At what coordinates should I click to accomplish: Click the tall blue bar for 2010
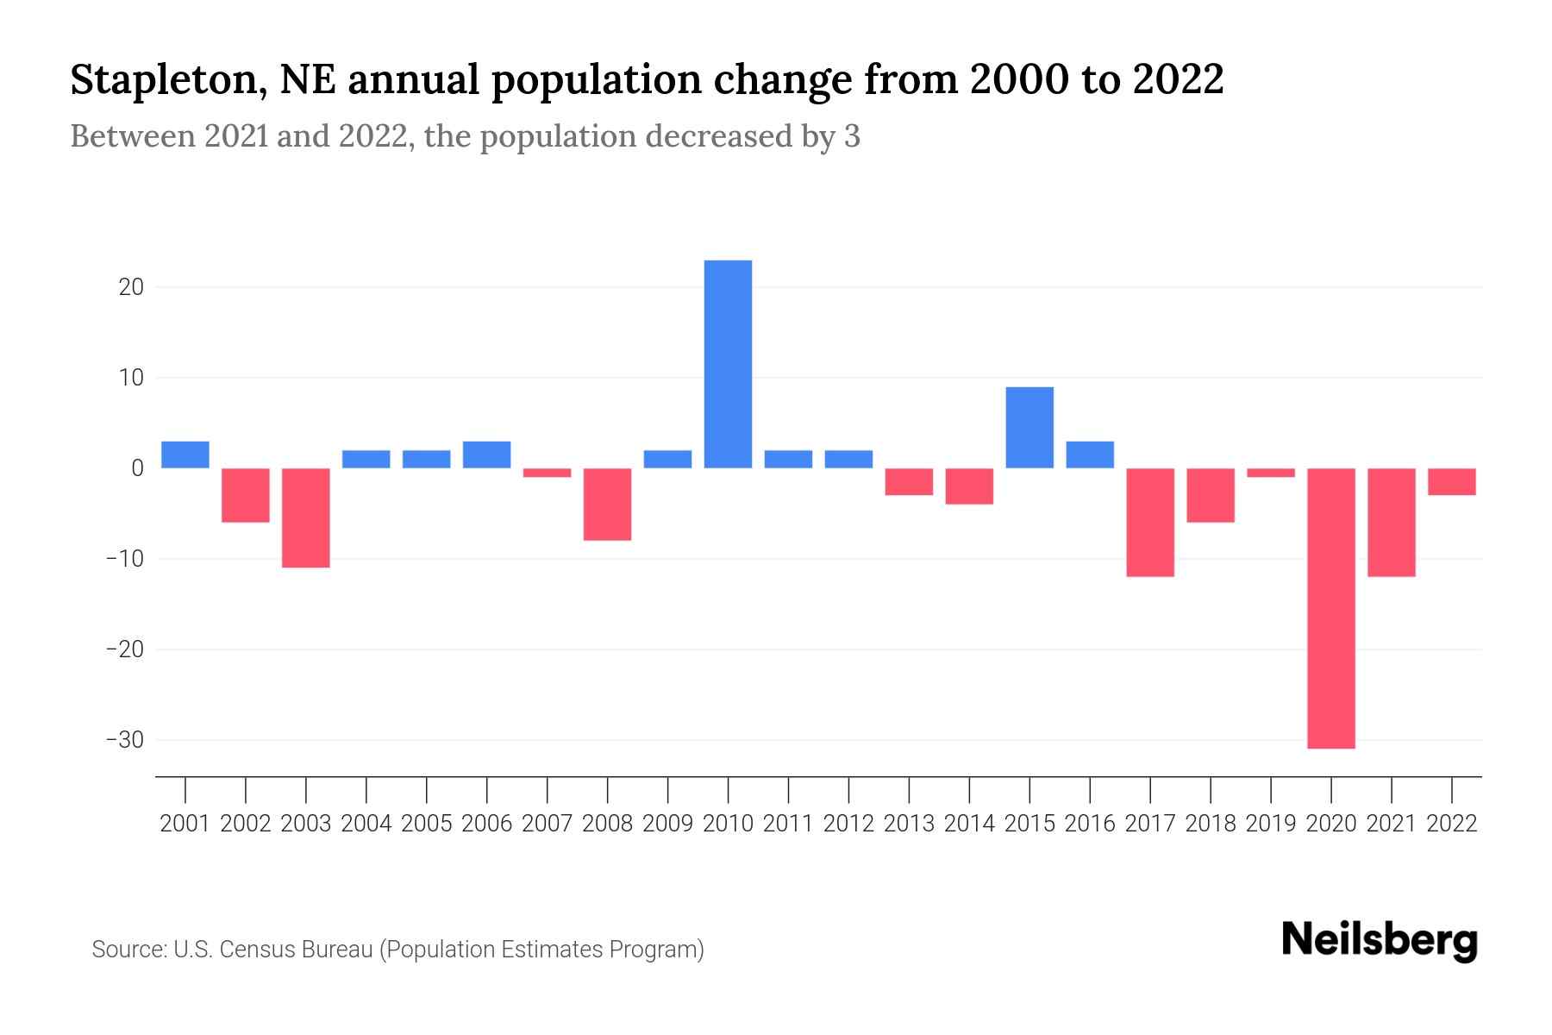[728, 364]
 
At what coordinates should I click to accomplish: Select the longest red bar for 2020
[1330, 608]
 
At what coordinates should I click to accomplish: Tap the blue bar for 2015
[1029, 428]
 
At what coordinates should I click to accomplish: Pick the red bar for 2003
[306, 517]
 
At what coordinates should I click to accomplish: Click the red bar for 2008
[607, 505]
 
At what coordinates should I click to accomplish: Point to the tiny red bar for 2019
[1271, 473]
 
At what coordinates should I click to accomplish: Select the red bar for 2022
[1451, 481]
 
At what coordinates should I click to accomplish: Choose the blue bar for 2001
[185, 455]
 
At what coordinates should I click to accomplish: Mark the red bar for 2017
[1150, 522]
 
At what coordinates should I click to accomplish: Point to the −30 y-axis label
[124, 740]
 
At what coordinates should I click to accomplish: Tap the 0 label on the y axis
[137, 468]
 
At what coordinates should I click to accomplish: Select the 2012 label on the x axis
[848, 824]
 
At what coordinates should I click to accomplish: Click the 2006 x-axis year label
[487, 824]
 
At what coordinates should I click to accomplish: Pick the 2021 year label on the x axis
[1391, 824]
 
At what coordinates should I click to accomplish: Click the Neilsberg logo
[1379, 941]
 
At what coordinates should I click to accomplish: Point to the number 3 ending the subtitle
[851, 137]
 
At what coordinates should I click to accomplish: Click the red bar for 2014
[969, 486]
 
